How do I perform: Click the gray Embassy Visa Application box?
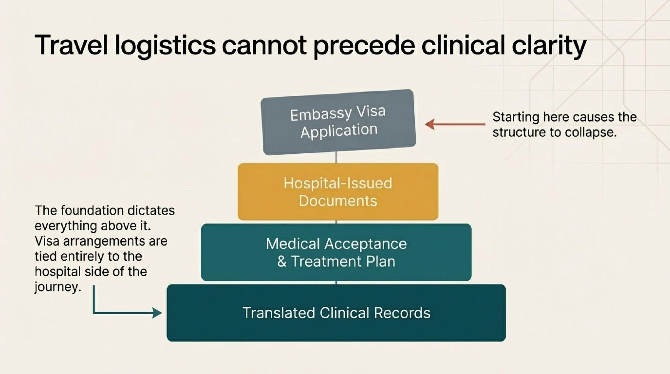(338, 122)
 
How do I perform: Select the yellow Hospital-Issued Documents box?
(338, 192)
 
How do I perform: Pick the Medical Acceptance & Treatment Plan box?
(336, 252)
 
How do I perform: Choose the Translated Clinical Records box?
(336, 313)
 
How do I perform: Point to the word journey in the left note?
(58, 287)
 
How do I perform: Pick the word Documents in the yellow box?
(338, 201)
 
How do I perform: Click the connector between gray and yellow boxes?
(336, 158)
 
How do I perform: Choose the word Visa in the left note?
(47, 241)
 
